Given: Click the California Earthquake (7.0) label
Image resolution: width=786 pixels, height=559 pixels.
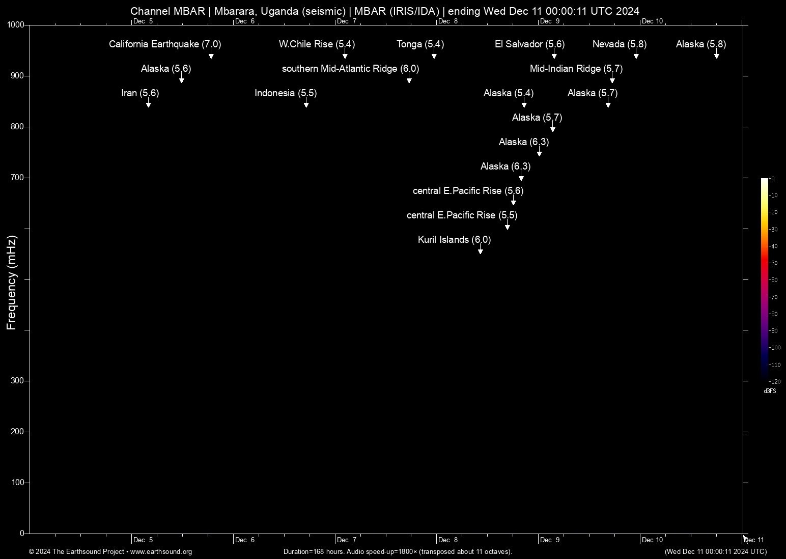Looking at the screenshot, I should coord(164,44).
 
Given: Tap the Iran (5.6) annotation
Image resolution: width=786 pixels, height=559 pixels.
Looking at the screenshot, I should coord(140,93).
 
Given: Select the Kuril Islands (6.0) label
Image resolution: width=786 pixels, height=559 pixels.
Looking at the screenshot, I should coord(454,240).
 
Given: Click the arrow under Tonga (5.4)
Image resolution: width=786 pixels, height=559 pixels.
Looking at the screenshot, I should coord(434,55).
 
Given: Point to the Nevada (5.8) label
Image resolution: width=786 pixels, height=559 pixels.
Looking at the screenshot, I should coord(619,44).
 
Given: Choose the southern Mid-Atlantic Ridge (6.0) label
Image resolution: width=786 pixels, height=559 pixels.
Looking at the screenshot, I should coord(350,69).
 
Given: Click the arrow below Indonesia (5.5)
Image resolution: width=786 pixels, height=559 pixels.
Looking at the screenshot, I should coord(306,104).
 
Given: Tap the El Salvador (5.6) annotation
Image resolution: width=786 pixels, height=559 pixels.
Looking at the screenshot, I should coord(529,44).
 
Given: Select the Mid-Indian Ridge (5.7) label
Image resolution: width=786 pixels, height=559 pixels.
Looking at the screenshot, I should coord(576,69).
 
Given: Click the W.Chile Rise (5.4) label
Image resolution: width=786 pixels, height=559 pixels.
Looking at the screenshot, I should coord(317,44).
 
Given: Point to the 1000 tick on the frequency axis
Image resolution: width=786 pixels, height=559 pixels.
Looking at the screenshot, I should coord(16,25).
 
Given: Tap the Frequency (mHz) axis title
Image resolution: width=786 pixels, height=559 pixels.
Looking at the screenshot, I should coord(11,283).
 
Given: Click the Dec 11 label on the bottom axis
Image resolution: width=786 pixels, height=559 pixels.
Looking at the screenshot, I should coord(754,540).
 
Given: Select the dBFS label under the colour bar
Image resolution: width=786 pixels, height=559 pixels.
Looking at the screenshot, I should coord(770,391).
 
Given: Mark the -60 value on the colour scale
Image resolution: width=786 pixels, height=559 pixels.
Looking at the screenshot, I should coord(773,280).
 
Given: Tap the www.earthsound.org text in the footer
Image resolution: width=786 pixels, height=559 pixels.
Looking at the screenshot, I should coord(161,552).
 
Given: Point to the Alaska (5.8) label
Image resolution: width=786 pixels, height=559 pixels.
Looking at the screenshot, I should coord(700,44).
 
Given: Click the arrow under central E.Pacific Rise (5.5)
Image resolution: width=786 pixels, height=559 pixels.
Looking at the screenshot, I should coord(508,226).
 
